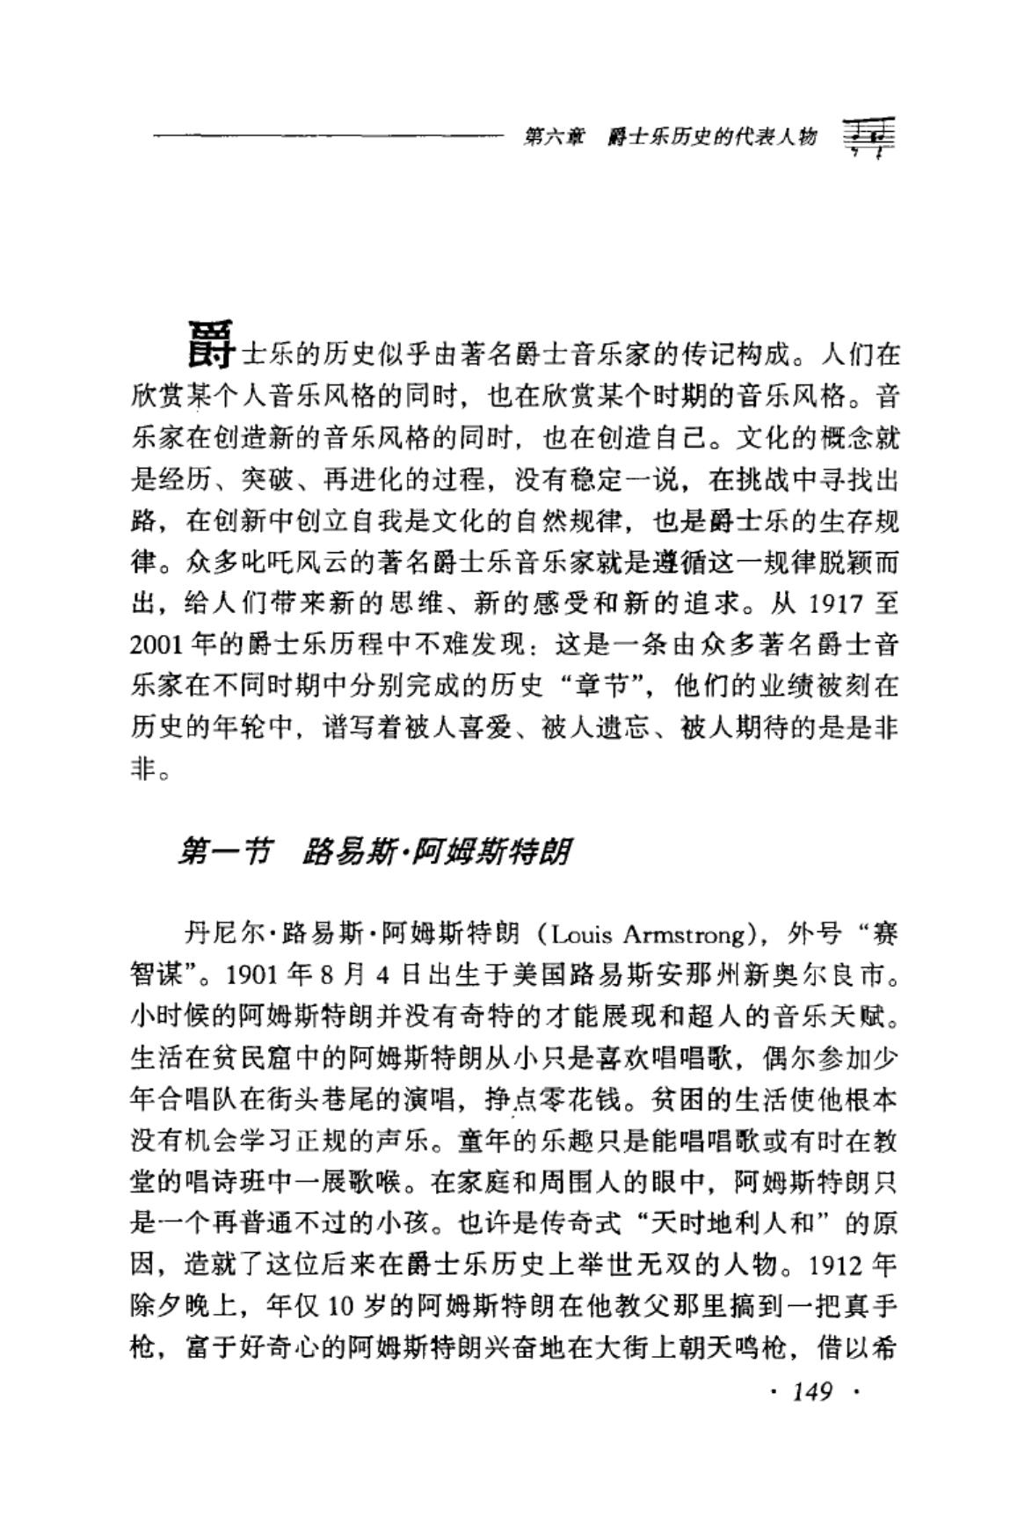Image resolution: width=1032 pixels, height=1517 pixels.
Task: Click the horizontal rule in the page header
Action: [x=325, y=136]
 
